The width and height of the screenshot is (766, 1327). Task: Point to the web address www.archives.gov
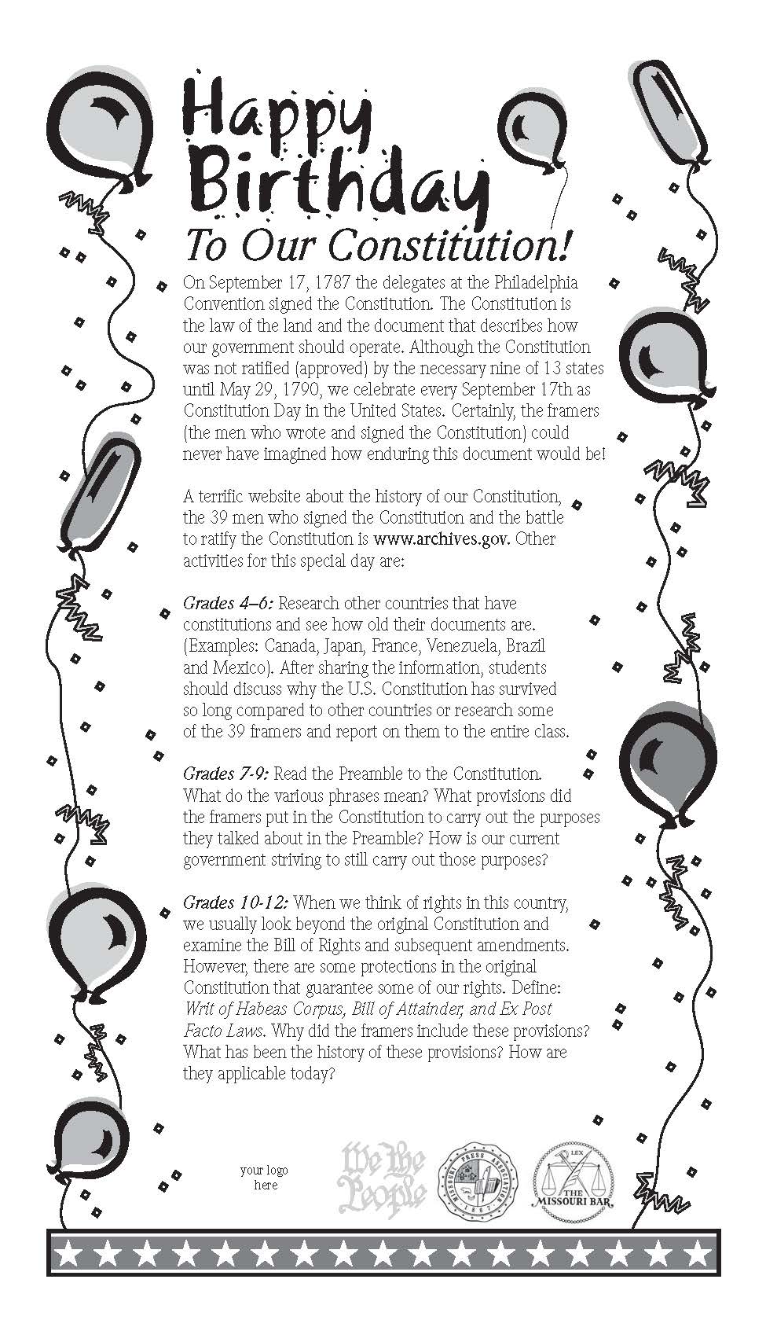pos(442,539)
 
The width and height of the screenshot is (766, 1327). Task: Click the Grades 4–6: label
pos(229,603)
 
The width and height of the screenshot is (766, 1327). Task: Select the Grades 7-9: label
pos(227,774)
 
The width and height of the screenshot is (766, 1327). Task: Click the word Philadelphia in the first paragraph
pos(532,282)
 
